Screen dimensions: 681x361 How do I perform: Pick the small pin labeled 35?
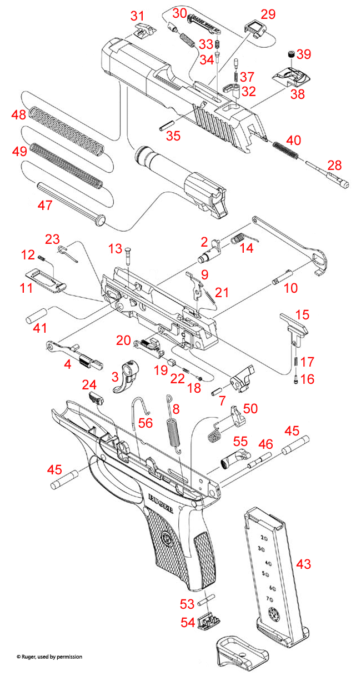168,124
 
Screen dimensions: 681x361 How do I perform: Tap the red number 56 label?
146,423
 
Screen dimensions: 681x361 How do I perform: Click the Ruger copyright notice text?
49,657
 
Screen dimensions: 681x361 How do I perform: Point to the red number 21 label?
222,293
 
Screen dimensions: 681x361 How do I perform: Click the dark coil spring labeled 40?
287,148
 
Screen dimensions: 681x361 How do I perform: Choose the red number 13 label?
114,247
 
